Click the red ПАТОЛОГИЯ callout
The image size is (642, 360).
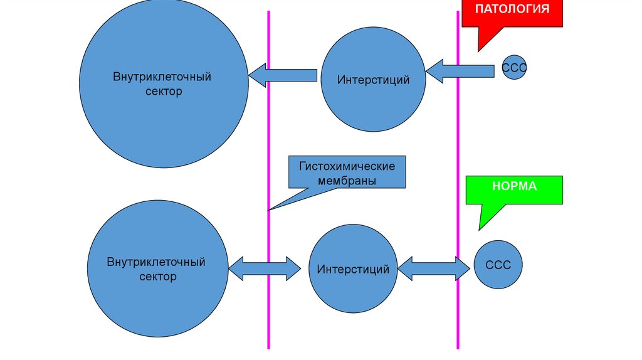pyautogui.click(x=512, y=13)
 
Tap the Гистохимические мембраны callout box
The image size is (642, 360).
pyautogui.click(x=346, y=173)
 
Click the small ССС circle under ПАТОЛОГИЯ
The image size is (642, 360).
pyautogui.click(x=513, y=70)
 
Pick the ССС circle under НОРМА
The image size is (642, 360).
pyautogui.click(x=498, y=265)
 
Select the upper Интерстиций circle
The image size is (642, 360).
pyautogui.click(x=373, y=80)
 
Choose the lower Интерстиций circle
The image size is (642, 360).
pyautogui.click(x=353, y=269)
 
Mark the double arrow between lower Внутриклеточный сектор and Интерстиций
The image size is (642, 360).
pyautogui.click(x=265, y=268)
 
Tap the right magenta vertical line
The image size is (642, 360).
pyautogui.click(x=458, y=157)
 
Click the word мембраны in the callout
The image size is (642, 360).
pyautogui.click(x=346, y=181)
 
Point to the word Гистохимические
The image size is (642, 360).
pyautogui.click(x=346, y=167)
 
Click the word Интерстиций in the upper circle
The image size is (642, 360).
pyautogui.click(x=373, y=80)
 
